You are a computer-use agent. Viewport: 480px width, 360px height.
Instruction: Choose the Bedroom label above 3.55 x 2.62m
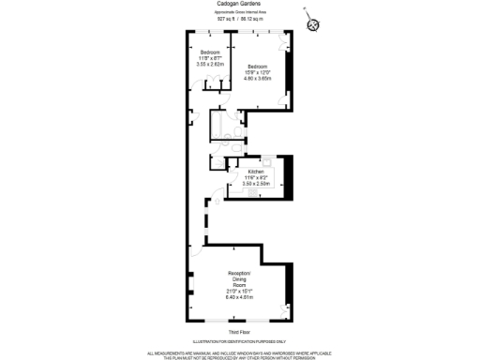click(x=210, y=52)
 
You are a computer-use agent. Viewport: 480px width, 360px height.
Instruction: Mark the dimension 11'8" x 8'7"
click(x=210, y=58)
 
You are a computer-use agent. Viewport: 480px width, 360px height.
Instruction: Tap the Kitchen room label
click(x=256, y=172)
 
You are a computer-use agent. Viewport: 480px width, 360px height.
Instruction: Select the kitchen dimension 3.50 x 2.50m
click(x=256, y=185)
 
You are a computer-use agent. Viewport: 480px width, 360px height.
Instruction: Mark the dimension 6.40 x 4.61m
click(x=239, y=297)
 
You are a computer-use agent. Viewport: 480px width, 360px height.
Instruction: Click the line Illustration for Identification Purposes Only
click(x=239, y=342)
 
